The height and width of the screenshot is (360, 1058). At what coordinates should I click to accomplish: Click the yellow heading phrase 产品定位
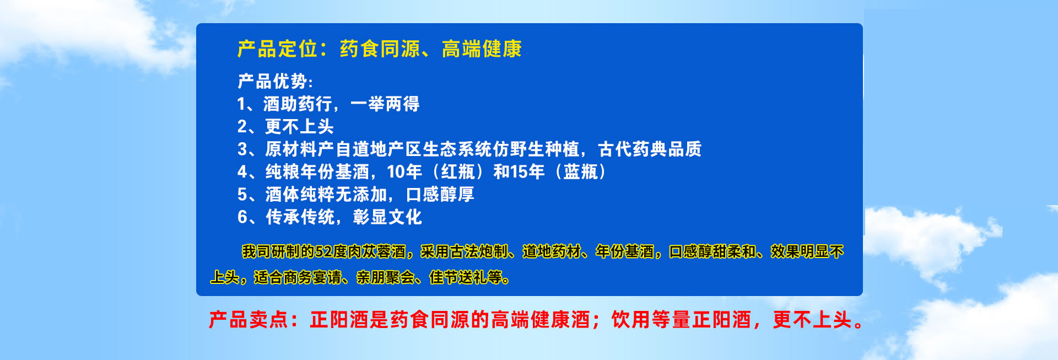point(277,49)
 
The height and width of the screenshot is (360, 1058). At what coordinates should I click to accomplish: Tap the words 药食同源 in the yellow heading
point(380,49)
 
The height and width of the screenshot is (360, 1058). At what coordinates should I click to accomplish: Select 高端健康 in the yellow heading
point(482,49)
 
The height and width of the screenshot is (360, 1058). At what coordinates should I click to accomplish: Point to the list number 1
point(241,104)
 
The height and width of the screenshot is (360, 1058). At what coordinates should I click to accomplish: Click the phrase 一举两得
point(385,104)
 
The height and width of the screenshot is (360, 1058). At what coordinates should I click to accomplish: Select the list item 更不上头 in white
point(299,127)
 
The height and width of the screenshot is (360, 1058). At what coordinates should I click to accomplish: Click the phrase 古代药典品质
point(650,149)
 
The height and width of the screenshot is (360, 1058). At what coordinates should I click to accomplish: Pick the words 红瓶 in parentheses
point(458,172)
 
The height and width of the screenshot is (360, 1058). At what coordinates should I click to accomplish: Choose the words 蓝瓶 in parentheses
point(581,172)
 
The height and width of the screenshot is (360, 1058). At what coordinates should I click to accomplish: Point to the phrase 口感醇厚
point(440,195)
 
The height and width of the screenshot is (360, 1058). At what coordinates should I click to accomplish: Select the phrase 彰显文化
point(387,217)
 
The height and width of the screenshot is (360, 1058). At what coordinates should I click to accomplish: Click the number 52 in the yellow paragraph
point(323,252)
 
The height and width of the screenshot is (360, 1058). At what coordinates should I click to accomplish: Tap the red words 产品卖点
point(248,320)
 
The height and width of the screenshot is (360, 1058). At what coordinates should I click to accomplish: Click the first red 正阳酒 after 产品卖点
point(339,320)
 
